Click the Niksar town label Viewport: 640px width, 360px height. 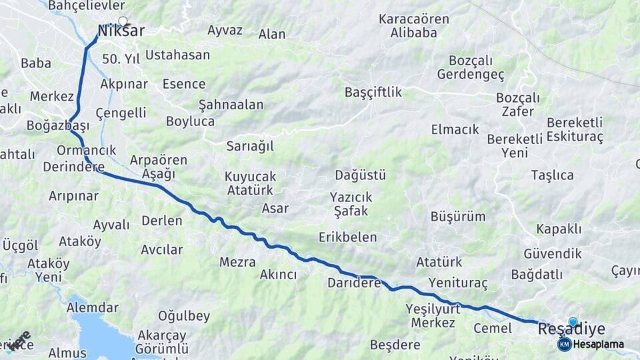121,31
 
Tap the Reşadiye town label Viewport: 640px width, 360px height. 571,329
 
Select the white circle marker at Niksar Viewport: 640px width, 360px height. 123,21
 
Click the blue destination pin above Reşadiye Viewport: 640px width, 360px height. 573,322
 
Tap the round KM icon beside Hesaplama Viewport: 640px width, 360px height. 564,344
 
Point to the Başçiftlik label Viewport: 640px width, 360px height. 373,93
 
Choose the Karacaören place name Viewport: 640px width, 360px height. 413,19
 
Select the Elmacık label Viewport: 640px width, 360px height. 455,129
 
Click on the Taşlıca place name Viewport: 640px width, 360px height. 552,175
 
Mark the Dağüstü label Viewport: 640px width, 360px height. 361,175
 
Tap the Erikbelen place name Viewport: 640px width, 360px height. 347,237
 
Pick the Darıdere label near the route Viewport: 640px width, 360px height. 353,283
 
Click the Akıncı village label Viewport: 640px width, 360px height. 278,275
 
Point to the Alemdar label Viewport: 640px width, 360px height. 93,308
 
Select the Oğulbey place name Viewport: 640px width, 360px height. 184,316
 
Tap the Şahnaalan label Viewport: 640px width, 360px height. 231,105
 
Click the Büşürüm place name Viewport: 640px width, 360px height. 458,217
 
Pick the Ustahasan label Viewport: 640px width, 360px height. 177,55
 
